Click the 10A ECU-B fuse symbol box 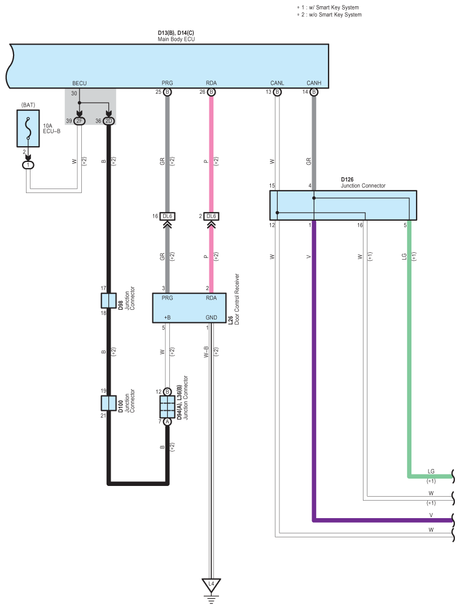[28, 128]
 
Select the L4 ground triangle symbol [211, 585]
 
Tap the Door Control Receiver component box [189, 308]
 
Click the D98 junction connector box [108, 301]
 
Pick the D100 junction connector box [108, 403]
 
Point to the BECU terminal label [79, 83]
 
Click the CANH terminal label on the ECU [314, 83]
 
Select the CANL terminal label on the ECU [277, 83]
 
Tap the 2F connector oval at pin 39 [79, 121]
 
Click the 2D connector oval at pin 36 [109, 121]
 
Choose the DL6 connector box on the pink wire [211, 216]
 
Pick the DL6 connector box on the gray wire [168, 216]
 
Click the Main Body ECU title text [177, 40]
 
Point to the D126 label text [347, 179]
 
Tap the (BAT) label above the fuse [28, 105]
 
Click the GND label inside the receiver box [211, 317]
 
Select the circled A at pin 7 [168, 422]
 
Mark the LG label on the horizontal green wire [431, 471]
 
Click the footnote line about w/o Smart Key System [330, 15]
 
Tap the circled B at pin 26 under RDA [211, 92]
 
